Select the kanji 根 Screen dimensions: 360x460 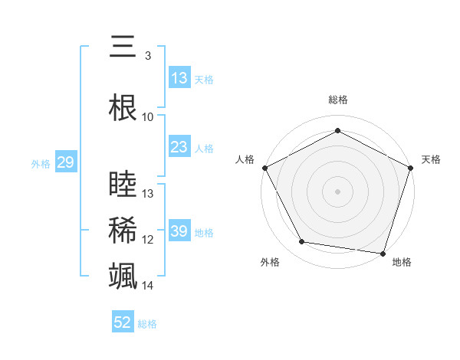tap(123, 108)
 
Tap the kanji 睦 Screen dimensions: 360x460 tap(123, 185)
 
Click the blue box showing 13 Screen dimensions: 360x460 tap(179, 78)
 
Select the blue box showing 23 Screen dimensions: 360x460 tap(179, 148)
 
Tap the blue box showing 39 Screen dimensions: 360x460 tap(179, 231)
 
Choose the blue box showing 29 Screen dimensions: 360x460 tap(65, 162)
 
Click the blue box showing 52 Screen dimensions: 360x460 tap(123, 322)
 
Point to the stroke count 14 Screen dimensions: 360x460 tap(148, 286)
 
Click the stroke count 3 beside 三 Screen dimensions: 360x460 tap(148, 55)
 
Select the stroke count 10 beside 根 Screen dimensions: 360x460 tap(148, 116)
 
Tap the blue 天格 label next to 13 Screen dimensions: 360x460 tap(203, 79)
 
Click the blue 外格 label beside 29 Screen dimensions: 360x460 tap(41, 163)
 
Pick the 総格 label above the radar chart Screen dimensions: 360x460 tap(337, 100)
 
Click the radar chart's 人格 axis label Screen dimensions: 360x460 tap(245, 159)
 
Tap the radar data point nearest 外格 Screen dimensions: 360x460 tap(302, 242)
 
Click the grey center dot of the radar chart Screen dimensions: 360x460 tap(337, 191)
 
